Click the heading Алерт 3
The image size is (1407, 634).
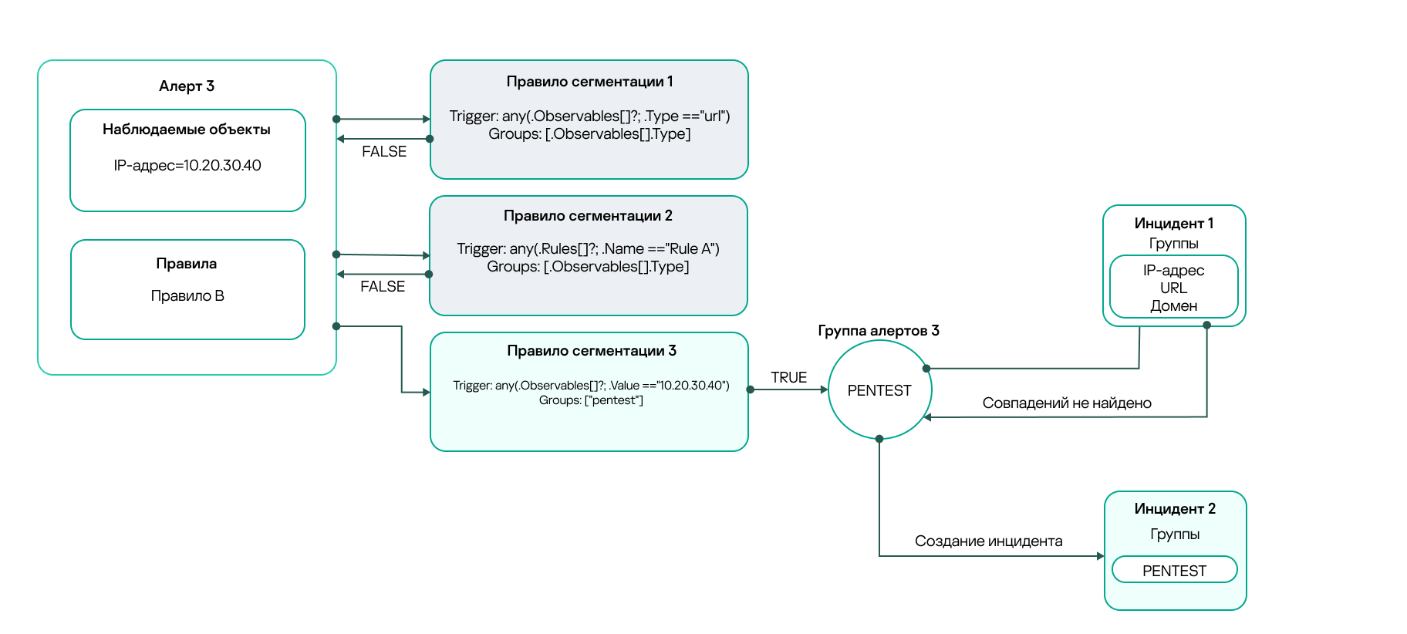point(187,86)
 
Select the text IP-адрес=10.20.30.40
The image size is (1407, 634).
point(187,166)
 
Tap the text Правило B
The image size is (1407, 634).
point(187,296)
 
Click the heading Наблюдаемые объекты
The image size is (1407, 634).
point(187,130)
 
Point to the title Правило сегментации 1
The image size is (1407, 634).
point(589,82)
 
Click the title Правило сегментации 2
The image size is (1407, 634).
point(588,216)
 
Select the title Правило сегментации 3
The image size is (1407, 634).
point(592,351)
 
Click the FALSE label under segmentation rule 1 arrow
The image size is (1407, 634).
point(384,152)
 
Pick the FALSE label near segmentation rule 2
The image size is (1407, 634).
point(383,287)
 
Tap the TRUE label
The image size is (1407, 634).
point(788,378)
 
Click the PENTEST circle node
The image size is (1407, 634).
point(879,391)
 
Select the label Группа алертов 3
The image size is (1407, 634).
point(879,331)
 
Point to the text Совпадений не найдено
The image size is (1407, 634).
point(1067,403)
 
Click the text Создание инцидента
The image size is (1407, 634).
point(988,541)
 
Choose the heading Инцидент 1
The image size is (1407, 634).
point(1173,224)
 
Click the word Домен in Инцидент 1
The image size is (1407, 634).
point(1173,306)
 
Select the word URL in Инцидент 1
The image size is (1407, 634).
point(1173,288)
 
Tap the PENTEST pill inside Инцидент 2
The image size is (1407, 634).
point(1174,571)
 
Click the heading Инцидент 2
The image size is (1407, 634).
point(1174,509)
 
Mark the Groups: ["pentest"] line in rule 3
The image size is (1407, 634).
point(591,400)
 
